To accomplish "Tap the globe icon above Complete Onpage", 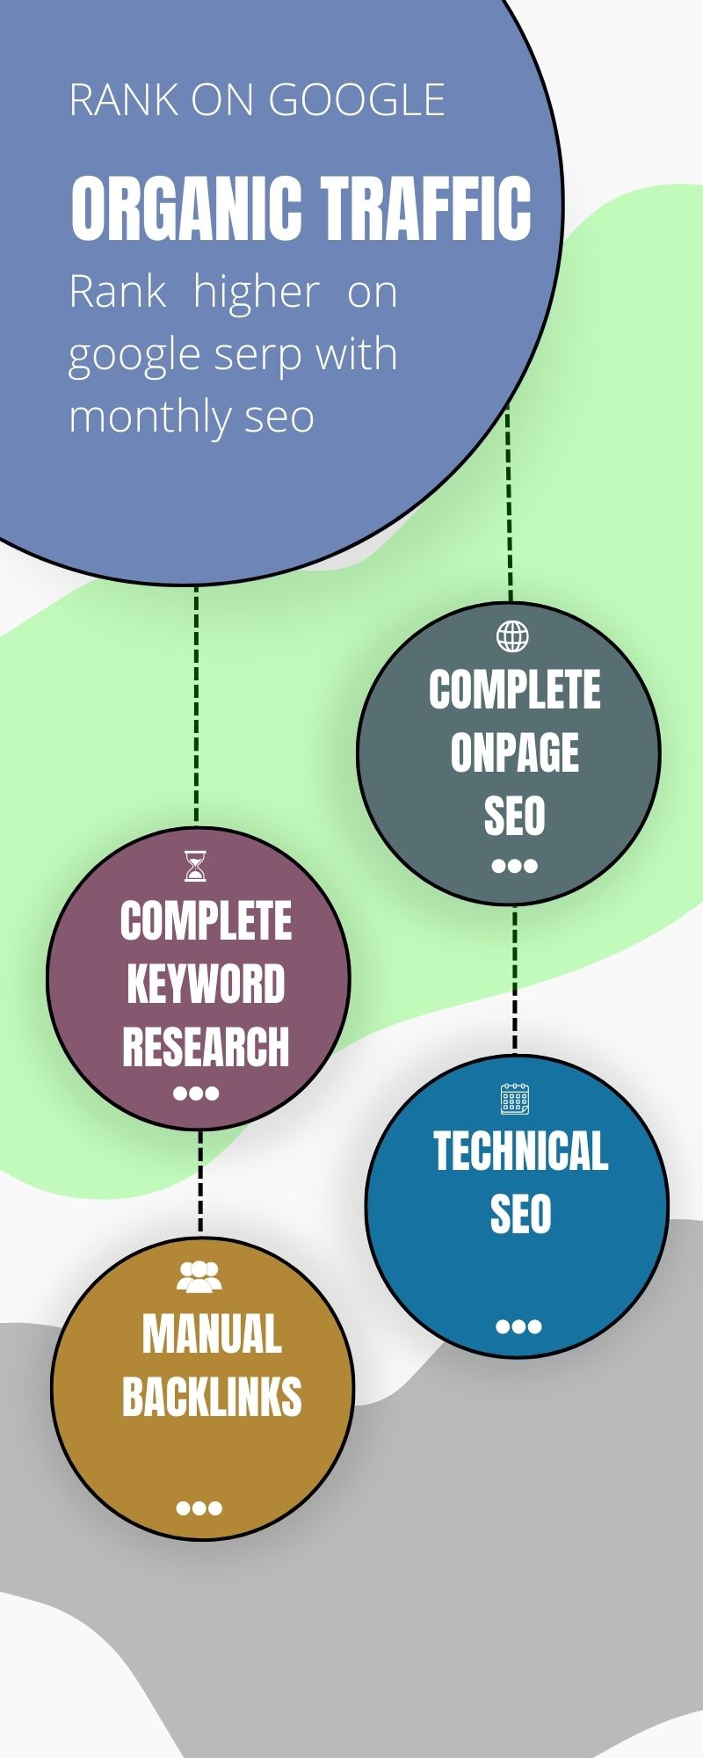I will pyautogui.click(x=513, y=636).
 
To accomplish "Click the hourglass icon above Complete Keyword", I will pyautogui.click(x=196, y=866).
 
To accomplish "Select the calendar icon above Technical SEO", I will pyautogui.click(x=515, y=1099).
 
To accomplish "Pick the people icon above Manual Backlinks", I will pyautogui.click(x=199, y=1276).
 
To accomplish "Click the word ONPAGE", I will pyautogui.click(x=515, y=753).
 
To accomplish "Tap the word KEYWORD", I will pyautogui.click(x=206, y=984).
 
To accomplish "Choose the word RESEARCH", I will pyautogui.click(x=206, y=1047).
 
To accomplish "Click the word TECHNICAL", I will pyautogui.click(x=520, y=1151).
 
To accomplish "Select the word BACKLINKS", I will pyautogui.click(x=212, y=1397).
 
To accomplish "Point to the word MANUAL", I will pyautogui.click(x=212, y=1334).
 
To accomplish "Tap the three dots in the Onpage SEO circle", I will pyautogui.click(x=514, y=866).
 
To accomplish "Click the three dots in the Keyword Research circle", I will pyautogui.click(x=196, y=1093).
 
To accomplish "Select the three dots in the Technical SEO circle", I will pyautogui.click(x=518, y=1326).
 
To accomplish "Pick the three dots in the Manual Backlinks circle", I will pyautogui.click(x=199, y=1508).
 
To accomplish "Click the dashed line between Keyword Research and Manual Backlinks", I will pyautogui.click(x=200, y=1183).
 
